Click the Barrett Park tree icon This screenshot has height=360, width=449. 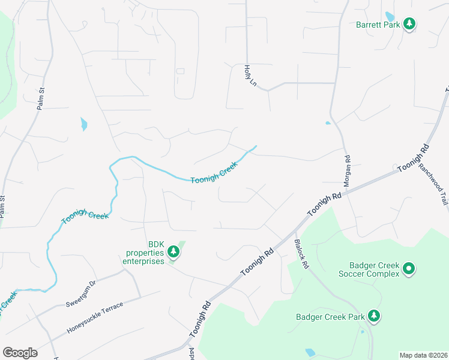click(x=409, y=24)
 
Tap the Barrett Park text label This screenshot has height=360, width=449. click(x=378, y=25)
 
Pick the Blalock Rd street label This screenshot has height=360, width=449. click(x=301, y=254)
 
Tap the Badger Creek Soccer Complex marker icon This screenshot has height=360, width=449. click(x=408, y=268)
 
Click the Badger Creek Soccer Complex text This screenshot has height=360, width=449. click(x=374, y=269)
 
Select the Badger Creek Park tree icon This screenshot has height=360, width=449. click(x=373, y=315)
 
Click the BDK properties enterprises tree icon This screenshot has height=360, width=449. click(x=173, y=251)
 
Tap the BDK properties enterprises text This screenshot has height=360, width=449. click(x=143, y=253)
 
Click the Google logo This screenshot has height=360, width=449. click(x=20, y=353)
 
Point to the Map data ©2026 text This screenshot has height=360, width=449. click(x=424, y=355)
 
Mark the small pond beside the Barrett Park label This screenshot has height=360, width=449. click(x=389, y=16)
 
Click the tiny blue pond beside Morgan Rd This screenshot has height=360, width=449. click(x=328, y=123)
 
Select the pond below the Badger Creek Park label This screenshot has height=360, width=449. click(x=310, y=352)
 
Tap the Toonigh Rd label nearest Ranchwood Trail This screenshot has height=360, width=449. click(x=414, y=158)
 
